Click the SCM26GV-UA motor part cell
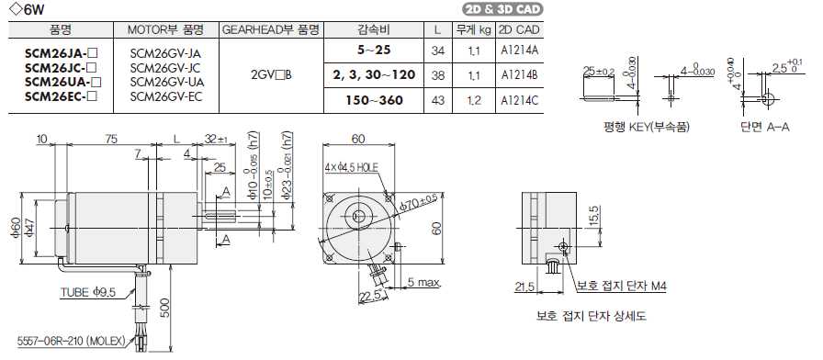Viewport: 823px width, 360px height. click(165, 82)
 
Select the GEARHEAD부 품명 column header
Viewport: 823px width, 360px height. click(271, 28)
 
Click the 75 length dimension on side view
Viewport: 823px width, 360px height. click(110, 139)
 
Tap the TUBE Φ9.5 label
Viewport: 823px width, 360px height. click(88, 293)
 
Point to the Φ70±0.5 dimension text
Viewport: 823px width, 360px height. click(419, 201)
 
